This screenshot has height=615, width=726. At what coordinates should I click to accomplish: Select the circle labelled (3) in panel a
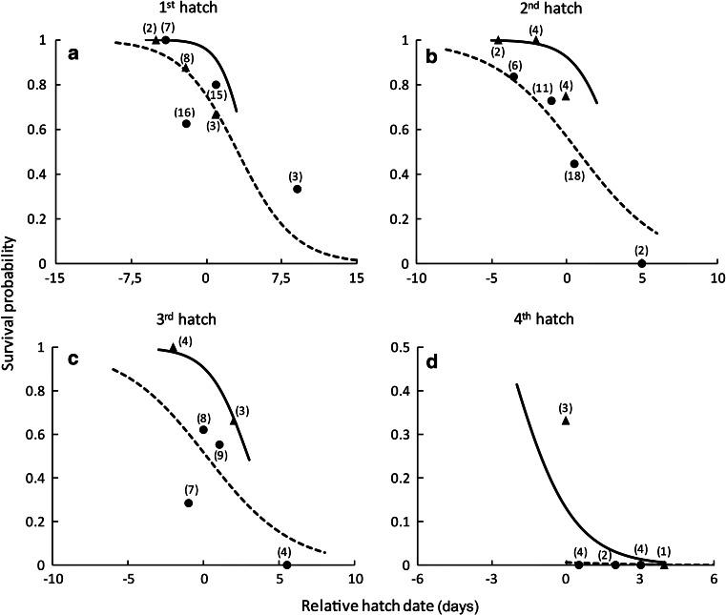(298, 189)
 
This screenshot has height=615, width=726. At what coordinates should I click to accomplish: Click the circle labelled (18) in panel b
(574, 164)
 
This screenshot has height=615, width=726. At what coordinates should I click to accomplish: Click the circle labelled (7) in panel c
(188, 502)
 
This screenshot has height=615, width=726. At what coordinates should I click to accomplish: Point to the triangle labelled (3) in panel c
(234, 421)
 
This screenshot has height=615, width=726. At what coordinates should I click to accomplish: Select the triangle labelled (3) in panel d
(566, 420)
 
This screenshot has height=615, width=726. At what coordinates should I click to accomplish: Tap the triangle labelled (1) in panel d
(664, 565)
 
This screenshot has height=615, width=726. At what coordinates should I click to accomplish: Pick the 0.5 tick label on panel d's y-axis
(403, 347)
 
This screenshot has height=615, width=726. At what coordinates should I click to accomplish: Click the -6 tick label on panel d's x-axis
(416, 580)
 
